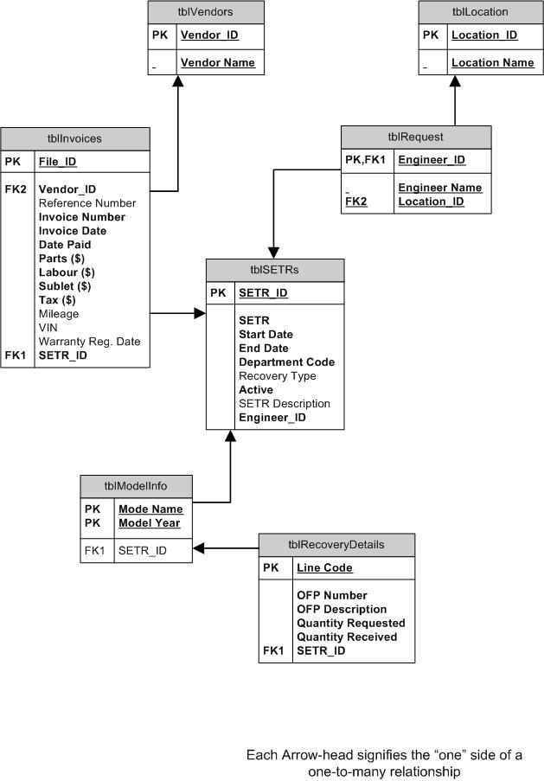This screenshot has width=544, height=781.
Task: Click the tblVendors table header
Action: coord(203,12)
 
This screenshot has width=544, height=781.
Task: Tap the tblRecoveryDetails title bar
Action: coord(336,545)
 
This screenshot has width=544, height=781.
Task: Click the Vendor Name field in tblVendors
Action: coord(217,62)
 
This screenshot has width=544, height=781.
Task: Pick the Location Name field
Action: coord(492,62)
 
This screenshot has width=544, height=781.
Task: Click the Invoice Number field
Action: coord(81,217)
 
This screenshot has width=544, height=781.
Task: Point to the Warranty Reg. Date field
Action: coord(89,342)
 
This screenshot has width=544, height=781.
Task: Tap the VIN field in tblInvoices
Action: coord(49,328)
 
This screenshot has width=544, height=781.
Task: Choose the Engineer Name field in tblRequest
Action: coord(439,188)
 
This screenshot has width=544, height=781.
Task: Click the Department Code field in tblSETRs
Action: coord(286,362)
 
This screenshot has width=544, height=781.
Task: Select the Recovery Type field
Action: coord(277,376)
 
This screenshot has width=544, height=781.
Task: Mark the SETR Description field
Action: coord(285,404)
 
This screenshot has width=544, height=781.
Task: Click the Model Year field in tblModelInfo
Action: coord(149,523)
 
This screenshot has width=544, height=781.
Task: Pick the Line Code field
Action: coord(324,568)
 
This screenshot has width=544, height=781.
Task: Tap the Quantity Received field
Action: coord(347,637)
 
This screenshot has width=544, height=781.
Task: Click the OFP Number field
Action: coord(331,596)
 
